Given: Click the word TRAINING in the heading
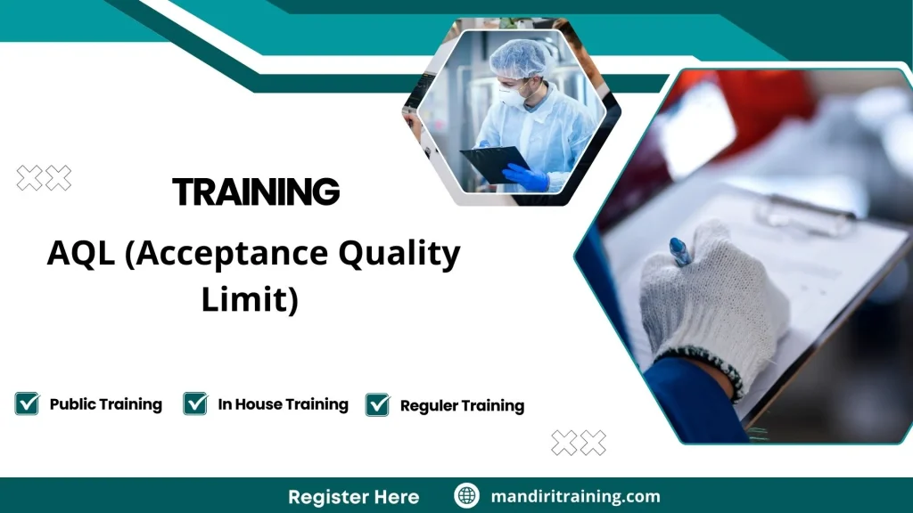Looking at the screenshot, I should pyautogui.click(x=256, y=191).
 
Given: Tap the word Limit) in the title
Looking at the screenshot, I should pyautogui.click(x=249, y=299).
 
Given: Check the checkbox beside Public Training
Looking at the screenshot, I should pyautogui.click(x=27, y=404).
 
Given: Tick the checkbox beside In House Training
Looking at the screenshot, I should pyautogui.click(x=195, y=404).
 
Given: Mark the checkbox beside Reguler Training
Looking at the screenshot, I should pyautogui.click(x=378, y=405).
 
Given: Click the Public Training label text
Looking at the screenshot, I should pyautogui.click(x=105, y=404).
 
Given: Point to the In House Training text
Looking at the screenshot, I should pyautogui.click(x=283, y=404).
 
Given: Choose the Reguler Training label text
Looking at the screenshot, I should pyautogui.click(x=462, y=406).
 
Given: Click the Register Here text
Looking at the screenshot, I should pyautogui.click(x=353, y=496).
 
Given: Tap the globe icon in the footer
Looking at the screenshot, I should pyautogui.click(x=466, y=496).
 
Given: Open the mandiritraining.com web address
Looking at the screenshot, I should pyautogui.click(x=575, y=496).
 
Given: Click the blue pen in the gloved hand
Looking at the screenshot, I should pyautogui.click(x=680, y=251).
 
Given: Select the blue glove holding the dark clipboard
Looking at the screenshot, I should pyautogui.click(x=526, y=177).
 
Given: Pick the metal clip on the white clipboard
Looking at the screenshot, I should pyautogui.click(x=802, y=214).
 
